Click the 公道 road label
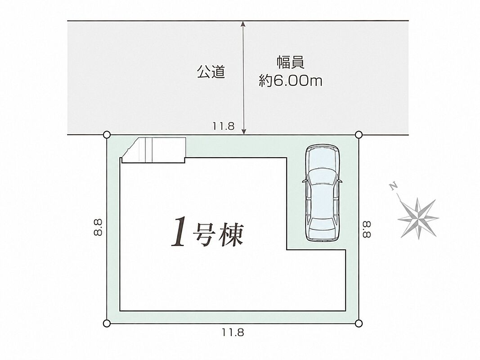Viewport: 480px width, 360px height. click(x=211, y=72)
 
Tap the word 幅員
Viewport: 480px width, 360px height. click(x=291, y=63)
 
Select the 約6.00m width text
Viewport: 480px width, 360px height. click(x=291, y=81)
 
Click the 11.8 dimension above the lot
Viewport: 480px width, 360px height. click(x=224, y=126)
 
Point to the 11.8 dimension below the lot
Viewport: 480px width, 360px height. click(x=233, y=333)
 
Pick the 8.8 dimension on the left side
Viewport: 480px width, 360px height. click(x=98, y=227)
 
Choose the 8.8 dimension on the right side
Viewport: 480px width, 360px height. click(x=367, y=229)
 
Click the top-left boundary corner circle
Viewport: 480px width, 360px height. click(x=107, y=135)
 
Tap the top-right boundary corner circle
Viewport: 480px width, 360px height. click(x=359, y=135)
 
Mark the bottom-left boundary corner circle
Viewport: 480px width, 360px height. click(x=107, y=323)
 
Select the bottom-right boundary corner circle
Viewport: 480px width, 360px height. click(x=359, y=323)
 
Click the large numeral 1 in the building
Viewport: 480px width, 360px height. click(x=179, y=231)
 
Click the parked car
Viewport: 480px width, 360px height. click(x=323, y=193)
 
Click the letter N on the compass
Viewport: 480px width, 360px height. click(x=393, y=186)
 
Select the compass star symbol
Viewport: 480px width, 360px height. click(x=418, y=218)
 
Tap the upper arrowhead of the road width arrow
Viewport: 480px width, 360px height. click(x=243, y=24)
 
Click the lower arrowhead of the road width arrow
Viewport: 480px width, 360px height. click(x=244, y=131)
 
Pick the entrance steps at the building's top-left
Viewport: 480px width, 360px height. click(x=154, y=150)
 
